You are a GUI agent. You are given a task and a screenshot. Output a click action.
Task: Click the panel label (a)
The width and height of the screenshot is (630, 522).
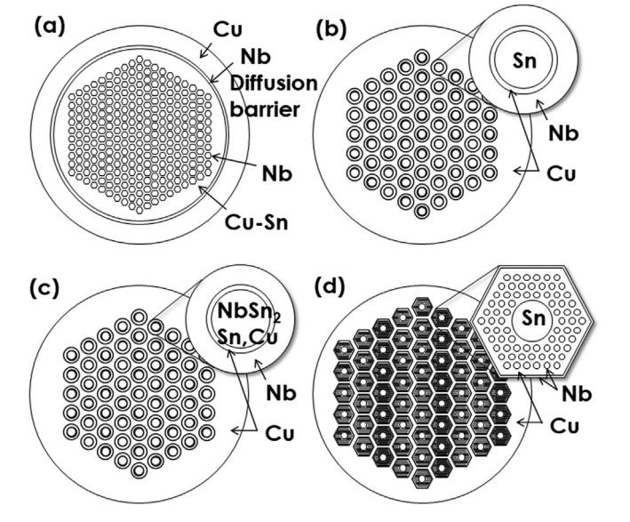point(50,28)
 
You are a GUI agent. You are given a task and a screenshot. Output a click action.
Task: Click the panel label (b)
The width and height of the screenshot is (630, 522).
point(331,30)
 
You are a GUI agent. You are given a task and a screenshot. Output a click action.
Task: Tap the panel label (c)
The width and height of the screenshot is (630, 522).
point(44,288)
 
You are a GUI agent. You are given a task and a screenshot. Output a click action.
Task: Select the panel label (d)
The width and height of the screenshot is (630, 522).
point(330,287)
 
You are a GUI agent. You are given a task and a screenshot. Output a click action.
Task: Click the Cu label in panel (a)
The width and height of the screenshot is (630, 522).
point(227,29)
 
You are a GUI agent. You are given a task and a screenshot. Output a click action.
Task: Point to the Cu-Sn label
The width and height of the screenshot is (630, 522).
point(256,222)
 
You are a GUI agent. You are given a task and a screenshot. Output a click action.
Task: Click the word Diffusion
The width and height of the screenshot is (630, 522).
point(274,84)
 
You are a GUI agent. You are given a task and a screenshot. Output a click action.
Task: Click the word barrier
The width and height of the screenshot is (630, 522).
point(265,109)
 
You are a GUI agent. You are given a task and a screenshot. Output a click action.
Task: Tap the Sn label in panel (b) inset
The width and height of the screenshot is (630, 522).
point(525,61)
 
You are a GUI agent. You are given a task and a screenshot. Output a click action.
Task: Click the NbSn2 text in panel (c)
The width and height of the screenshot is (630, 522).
point(249,311)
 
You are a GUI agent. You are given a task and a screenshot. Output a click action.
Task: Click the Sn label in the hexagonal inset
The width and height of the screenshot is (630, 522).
point(534,318)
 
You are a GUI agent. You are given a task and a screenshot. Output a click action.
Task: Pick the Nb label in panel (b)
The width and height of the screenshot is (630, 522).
point(563,133)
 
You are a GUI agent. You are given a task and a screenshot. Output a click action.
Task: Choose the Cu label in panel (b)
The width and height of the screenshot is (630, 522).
point(562,173)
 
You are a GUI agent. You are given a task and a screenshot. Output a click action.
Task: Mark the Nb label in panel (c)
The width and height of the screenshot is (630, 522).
point(281,393)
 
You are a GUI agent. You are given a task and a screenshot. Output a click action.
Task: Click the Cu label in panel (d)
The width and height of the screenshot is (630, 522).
point(564,425)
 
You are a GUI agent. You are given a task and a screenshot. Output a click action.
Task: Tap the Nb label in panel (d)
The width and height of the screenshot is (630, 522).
point(577,394)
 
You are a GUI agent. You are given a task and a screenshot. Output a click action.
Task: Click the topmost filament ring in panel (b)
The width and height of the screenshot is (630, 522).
point(421,57)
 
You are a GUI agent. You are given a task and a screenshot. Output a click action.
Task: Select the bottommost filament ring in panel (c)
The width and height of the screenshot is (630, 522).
point(139,470)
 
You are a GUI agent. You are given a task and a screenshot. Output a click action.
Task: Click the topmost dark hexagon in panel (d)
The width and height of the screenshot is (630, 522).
point(421,308)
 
